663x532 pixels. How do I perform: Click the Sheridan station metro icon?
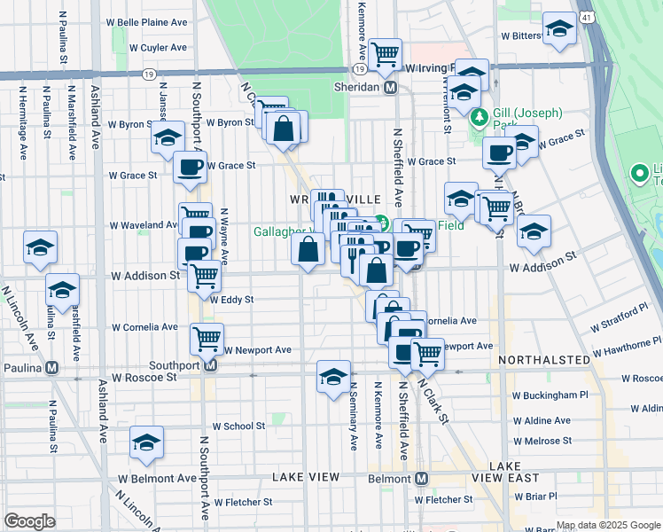389,87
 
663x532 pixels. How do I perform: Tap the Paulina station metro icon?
53,367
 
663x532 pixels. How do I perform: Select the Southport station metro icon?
211,364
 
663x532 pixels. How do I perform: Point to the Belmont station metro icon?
422,478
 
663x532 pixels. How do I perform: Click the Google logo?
29,521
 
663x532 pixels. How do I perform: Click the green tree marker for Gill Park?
480,116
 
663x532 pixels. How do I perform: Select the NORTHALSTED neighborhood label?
543,360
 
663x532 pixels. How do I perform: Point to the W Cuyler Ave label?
158,48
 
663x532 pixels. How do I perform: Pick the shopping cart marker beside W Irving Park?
386,55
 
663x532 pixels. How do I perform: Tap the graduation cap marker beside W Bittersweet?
559,29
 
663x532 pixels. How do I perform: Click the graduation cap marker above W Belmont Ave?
146,442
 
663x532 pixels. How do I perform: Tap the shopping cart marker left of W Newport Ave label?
207,338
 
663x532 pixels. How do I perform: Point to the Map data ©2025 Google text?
608,525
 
